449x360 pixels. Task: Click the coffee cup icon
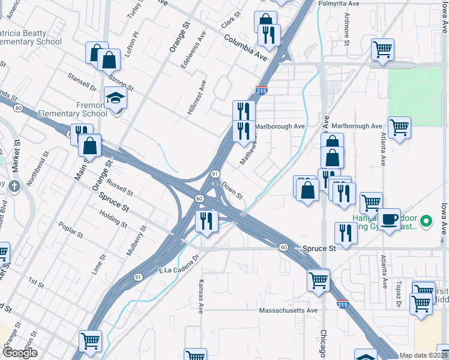389,219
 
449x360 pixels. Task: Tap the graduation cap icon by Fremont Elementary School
116,98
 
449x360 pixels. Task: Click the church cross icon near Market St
15,185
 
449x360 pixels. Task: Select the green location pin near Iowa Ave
426,221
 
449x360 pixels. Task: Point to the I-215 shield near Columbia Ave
261,90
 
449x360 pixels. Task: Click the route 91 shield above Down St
215,173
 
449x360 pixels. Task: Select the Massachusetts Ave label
288,311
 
